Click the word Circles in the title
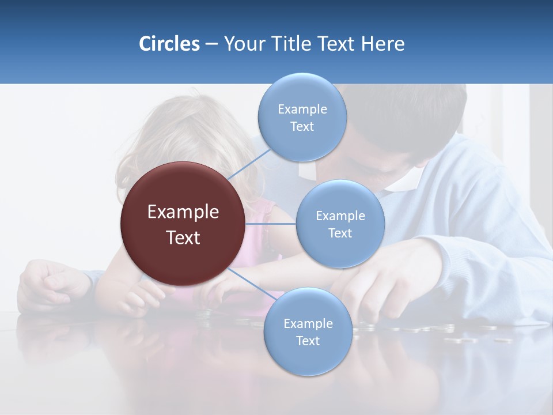pyautogui.click(x=169, y=44)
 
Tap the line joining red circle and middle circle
pyautogui.click(x=271, y=224)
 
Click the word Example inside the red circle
pyautogui.click(x=183, y=212)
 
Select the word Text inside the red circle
pyautogui.click(x=183, y=237)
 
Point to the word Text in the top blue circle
pyautogui.click(x=302, y=127)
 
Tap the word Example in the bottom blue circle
pyautogui.click(x=308, y=323)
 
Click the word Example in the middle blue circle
pyautogui.click(x=340, y=216)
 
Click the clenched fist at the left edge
pyautogui.click(x=49, y=282)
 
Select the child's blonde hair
pyautogui.click(x=173, y=133)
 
